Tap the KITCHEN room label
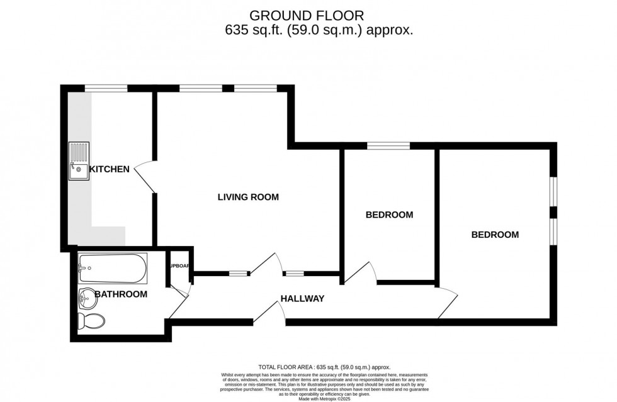(x=109, y=169)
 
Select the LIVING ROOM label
(x=248, y=197)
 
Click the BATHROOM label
(x=121, y=294)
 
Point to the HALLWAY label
(x=302, y=298)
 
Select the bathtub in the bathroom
(x=113, y=269)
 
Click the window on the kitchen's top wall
(x=106, y=89)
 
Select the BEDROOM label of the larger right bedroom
(x=495, y=235)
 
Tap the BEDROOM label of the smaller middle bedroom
(x=389, y=215)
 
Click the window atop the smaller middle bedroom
(x=388, y=146)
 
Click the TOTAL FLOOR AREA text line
(x=324, y=367)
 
